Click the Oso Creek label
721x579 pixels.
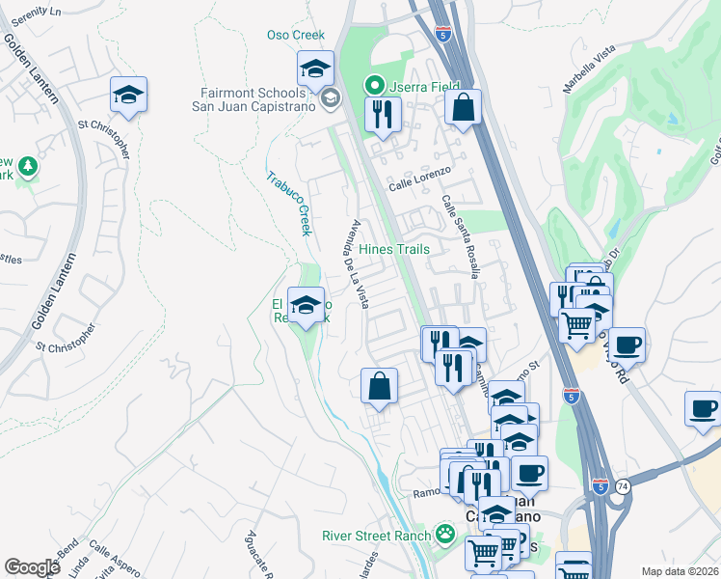[296, 35]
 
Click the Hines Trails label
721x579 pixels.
[393, 249]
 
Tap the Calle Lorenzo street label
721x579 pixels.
[419, 184]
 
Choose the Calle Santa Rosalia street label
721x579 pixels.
[461, 237]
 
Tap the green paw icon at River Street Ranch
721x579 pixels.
[444, 534]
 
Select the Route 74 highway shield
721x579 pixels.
[623, 485]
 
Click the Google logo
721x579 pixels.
[32, 567]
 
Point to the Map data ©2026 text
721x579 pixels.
[681, 571]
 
